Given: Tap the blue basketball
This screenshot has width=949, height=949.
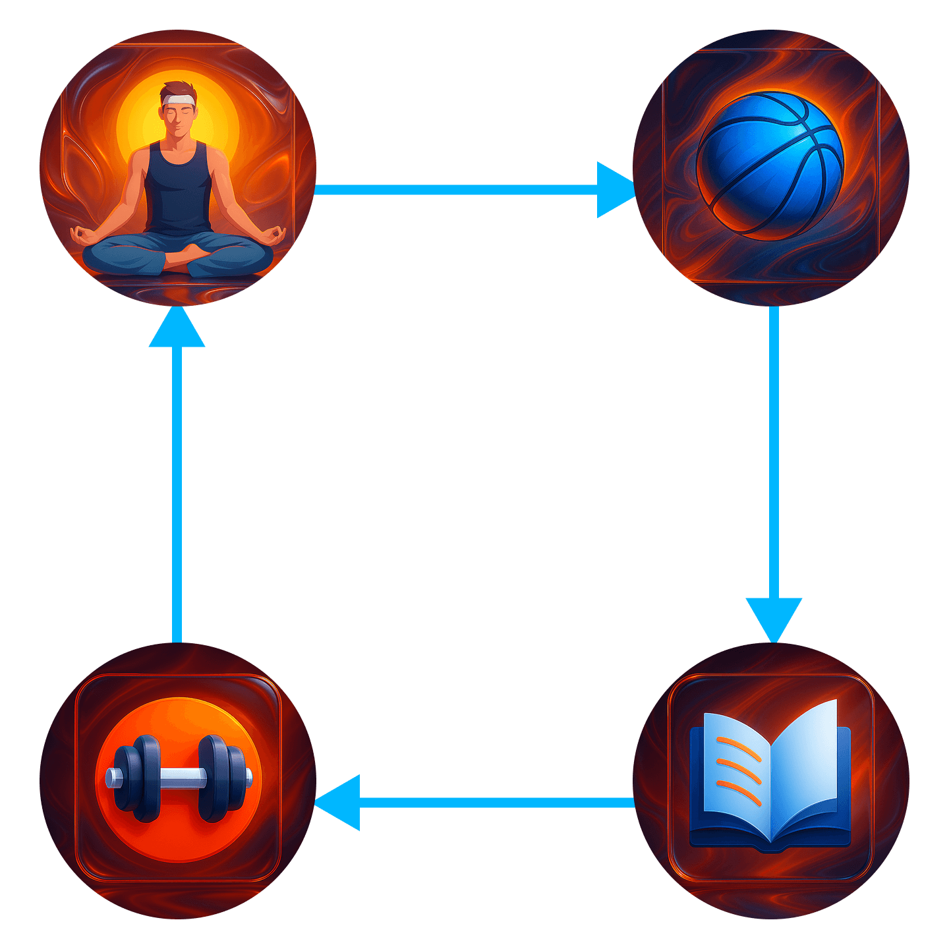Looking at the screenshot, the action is [x=770, y=164].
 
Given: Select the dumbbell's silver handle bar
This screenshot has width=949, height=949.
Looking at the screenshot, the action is [x=178, y=778].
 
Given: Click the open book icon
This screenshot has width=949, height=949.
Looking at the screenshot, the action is [x=770, y=778].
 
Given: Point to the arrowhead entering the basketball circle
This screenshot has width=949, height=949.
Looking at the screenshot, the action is [x=615, y=190].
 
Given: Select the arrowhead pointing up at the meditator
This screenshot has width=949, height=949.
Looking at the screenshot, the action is [x=177, y=328].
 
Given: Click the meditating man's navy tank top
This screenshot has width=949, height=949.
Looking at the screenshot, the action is [x=178, y=191].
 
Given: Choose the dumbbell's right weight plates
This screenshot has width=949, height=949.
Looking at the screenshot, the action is [x=221, y=778].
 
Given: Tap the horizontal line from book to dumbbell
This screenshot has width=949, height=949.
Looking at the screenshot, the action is [x=494, y=803].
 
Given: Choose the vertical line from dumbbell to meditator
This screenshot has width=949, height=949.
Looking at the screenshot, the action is [x=177, y=494].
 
